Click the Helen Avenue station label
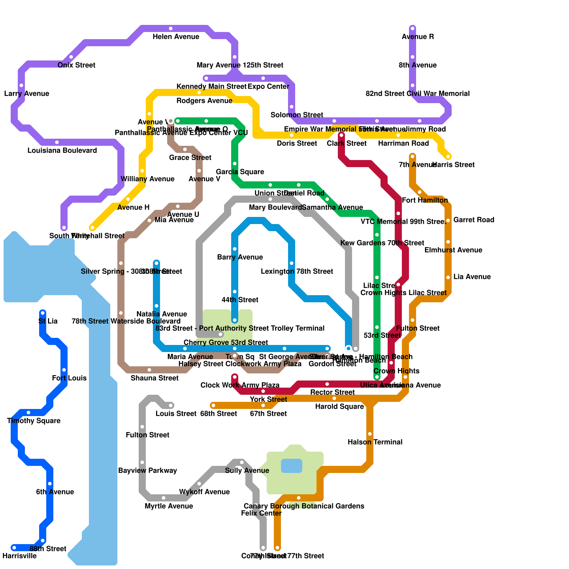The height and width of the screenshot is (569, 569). tap(176, 37)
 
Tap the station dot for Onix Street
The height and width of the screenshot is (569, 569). tap(71, 57)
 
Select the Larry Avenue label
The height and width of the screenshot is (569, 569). tap(26, 94)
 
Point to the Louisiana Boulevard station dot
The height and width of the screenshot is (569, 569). tap(57, 142)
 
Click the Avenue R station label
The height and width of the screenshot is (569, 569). tap(418, 37)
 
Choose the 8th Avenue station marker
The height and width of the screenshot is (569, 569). tap(413, 57)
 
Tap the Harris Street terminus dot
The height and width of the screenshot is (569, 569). tap(448, 156)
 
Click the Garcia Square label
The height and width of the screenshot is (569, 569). tap(240, 172)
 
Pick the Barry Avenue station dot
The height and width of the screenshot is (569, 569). tap(235, 249)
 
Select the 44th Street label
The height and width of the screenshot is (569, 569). tap(240, 300)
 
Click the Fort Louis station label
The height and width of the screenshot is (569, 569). tap(69, 378)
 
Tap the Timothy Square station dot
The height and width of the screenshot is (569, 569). tap(28, 413)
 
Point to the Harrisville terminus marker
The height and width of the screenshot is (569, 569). tap(14, 548)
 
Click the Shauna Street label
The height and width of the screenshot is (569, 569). tap(154, 378)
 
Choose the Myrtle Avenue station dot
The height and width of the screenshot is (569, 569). tap(164, 498)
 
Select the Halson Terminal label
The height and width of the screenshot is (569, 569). tap(375, 442)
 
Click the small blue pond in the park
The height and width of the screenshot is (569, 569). tap(292, 466)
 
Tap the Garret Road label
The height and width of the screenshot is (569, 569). tap(474, 220)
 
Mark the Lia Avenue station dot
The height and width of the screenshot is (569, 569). tap(448, 277)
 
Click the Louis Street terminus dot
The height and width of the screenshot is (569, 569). tap(171, 405)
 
